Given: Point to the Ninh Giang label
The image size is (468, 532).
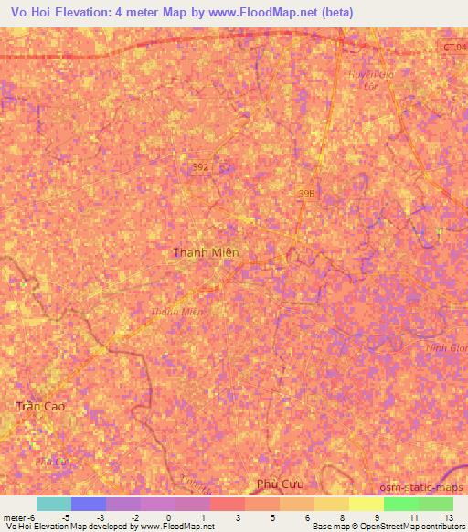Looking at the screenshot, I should tap(446, 348).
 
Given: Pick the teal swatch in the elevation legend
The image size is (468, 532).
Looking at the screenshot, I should tap(53, 504).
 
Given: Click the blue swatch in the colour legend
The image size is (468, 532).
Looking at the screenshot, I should tap(89, 504).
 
